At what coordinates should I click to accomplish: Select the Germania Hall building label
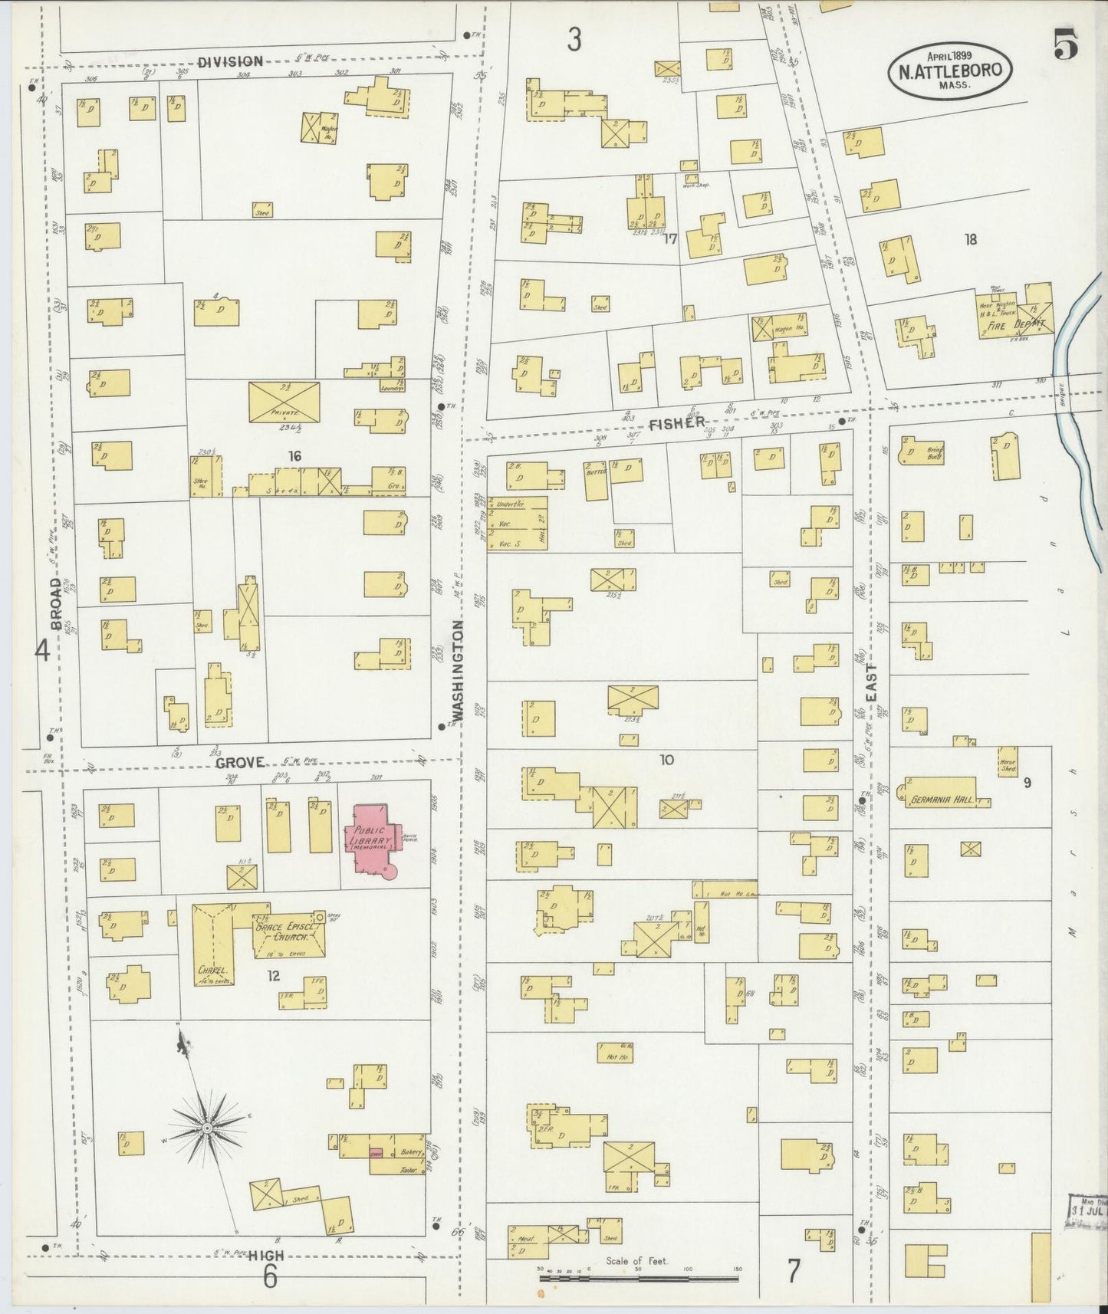tap(941, 800)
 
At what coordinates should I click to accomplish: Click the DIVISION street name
tap(230, 61)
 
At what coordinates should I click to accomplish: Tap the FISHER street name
tap(677, 422)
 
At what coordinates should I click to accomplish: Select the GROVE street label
tap(239, 762)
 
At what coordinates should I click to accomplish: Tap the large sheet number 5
tap(1065, 46)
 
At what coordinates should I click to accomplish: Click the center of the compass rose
tap(206, 1128)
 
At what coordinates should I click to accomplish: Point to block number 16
tap(294, 456)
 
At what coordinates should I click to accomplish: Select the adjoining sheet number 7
tap(793, 1270)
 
